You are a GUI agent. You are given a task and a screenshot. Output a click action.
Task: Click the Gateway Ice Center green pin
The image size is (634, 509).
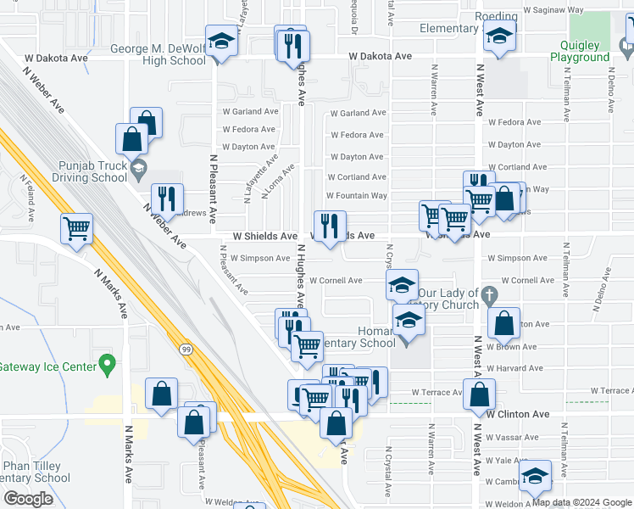107,366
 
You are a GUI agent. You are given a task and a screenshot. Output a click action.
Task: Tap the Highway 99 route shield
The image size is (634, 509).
184,348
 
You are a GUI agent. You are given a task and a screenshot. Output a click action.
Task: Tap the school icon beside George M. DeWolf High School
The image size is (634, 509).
222,42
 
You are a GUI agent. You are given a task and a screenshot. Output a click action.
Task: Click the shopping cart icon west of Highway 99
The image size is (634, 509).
76,229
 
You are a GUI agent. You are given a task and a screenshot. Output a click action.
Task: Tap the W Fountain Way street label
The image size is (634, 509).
356,196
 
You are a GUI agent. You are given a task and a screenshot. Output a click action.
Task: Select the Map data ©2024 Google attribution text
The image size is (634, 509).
581,502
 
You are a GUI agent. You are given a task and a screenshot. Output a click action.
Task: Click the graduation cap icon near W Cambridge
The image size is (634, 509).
535,476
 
